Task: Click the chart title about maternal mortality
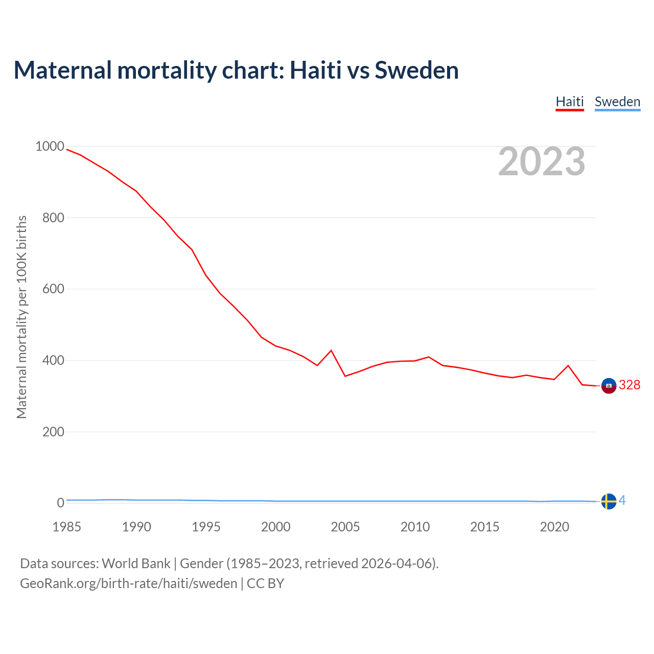tap(236, 70)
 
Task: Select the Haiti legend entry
tap(570, 102)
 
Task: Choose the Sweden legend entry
tap(617, 102)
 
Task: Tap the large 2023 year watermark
tap(542, 161)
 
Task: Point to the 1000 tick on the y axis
tap(50, 147)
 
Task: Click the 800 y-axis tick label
tap(53, 218)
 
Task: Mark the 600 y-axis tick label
tap(53, 289)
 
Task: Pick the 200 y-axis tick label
tap(53, 432)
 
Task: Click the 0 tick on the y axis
tap(61, 503)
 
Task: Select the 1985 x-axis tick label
tap(66, 527)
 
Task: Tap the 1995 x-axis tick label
tap(206, 527)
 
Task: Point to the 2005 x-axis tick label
tap(345, 527)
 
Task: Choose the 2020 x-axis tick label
tap(554, 527)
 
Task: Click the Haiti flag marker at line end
tap(609, 386)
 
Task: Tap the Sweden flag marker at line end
tap(609, 501)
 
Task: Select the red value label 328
tap(629, 385)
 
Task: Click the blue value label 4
tap(622, 501)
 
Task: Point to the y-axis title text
tap(21, 317)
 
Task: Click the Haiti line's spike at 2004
tap(331, 351)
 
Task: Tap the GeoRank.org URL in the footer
tap(129, 583)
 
